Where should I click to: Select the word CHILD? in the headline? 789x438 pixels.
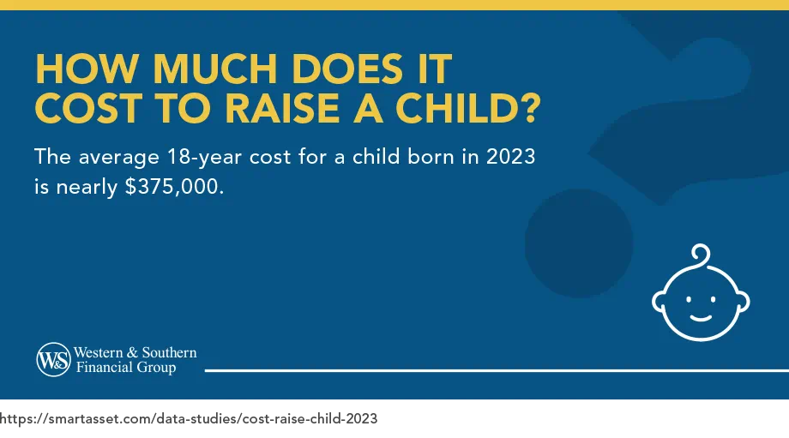tap(463, 109)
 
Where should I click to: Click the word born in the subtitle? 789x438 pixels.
tap(423, 159)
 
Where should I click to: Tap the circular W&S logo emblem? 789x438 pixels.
tap(53, 361)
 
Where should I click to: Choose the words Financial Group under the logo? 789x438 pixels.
tap(125, 369)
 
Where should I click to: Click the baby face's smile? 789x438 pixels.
tap(701, 315)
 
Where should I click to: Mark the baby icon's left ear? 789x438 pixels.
tap(659, 301)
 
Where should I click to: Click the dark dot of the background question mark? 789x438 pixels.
tap(579, 243)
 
